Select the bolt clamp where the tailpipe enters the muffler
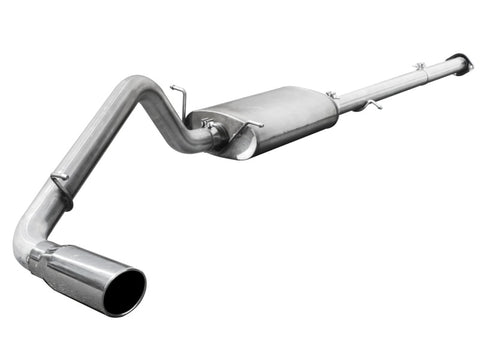pyautogui.click(x=212, y=128)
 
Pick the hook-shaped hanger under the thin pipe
pyautogui.click(x=371, y=104)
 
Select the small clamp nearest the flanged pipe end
pyautogui.click(x=420, y=68)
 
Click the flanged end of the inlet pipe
pyautogui.click(x=461, y=62)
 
